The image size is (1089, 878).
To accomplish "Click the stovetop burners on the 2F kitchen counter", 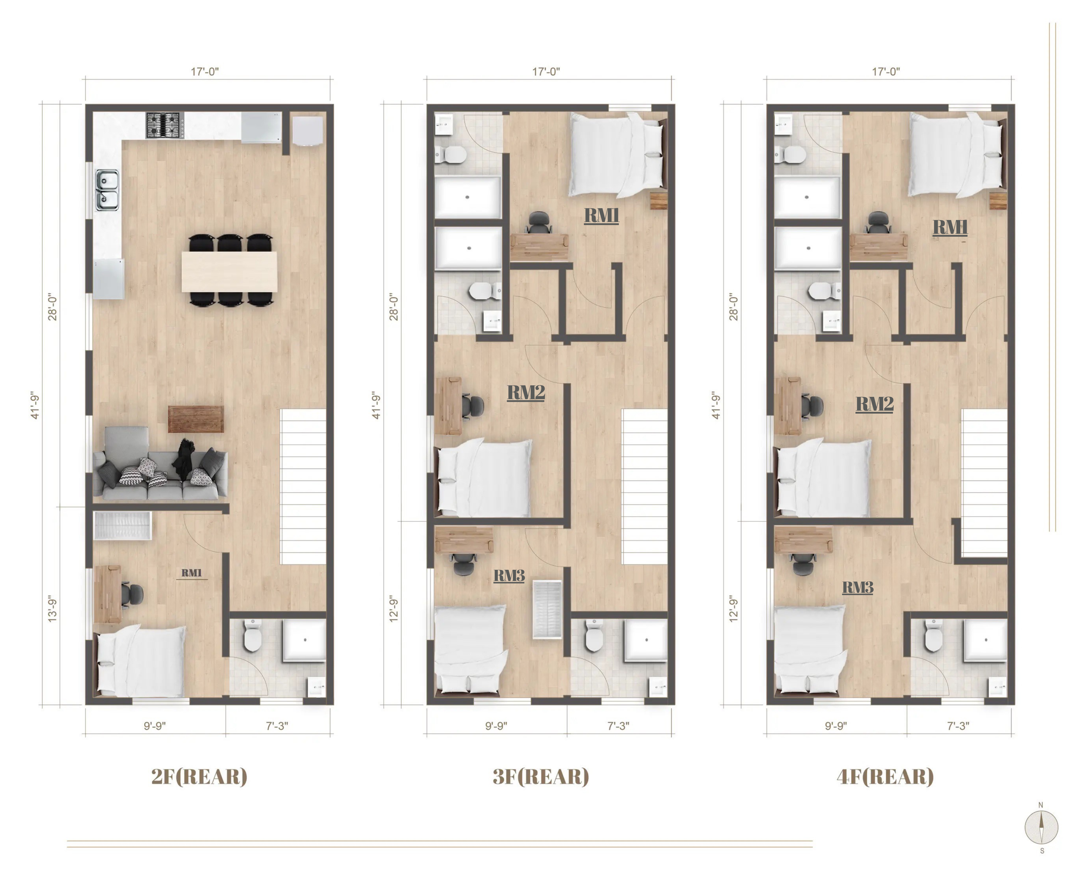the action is pyautogui.click(x=165, y=125).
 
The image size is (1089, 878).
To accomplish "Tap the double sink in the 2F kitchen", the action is pyautogui.click(x=107, y=190).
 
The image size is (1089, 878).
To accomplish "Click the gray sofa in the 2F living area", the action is pyautogui.click(x=161, y=464).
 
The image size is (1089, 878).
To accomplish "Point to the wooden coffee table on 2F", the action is pyautogui.click(x=196, y=419).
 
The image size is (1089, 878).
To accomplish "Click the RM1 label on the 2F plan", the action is pyautogui.click(x=192, y=573).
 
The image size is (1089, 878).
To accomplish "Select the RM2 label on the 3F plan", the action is pyautogui.click(x=526, y=392).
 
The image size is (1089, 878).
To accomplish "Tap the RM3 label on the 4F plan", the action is pyautogui.click(x=858, y=587).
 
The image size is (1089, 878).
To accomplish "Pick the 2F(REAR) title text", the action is pyautogui.click(x=200, y=777).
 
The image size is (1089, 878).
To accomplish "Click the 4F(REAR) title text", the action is pyautogui.click(x=885, y=777).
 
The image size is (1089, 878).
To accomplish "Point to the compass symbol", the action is pyautogui.click(x=1042, y=827).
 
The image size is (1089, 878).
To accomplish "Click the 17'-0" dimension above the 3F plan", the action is pyautogui.click(x=546, y=72).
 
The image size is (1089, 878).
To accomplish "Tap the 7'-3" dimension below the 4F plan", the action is pyautogui.click(x=958, y=726).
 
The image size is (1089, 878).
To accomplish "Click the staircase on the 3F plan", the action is pyautogui.click(x=644, y=486).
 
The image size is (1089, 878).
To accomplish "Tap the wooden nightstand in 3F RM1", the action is pyautogui.click(x=659, y=201).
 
